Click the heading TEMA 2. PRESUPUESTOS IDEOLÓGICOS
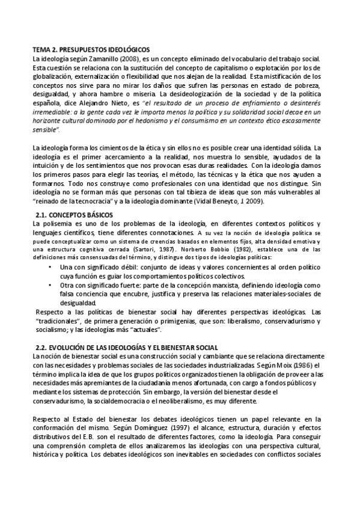coord(91,49)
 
